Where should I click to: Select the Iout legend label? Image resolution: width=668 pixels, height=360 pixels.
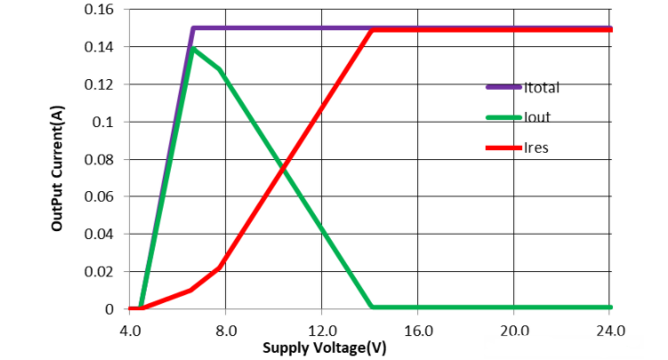click(536, 117)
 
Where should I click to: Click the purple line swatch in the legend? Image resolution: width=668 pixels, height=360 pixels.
click(504, 87)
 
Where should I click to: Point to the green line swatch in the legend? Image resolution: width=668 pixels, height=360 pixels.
click(504, 117)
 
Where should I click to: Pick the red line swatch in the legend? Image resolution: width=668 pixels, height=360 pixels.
click(504, 147)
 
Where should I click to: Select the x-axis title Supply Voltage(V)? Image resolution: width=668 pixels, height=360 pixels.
click(326, 347)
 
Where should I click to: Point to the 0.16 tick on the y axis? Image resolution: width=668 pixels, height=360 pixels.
click(100, 9)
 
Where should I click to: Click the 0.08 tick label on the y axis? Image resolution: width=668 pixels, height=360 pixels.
click(100, 159)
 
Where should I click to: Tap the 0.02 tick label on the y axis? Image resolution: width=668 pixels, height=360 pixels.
click(100, 272)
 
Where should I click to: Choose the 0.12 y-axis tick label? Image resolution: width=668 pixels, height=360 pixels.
click(100, 84)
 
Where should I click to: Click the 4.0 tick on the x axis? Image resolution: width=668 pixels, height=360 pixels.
click(129, 330)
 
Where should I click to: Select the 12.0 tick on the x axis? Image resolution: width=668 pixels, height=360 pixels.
click(322, 330)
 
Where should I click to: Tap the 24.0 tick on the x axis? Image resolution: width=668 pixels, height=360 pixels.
click(610, 330)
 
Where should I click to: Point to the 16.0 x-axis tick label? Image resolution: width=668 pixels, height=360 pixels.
click(418, 330)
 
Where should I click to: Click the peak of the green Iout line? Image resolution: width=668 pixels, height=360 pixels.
click(193, 48)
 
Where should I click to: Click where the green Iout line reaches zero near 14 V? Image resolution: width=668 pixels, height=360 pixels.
click(371, 308)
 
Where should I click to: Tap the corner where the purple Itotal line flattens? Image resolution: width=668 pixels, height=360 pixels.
click(193, 28)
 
